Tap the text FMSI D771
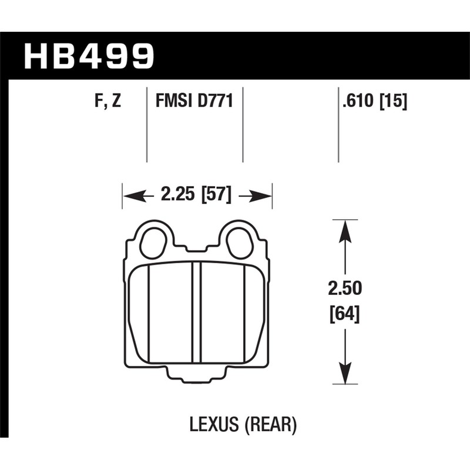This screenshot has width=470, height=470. [x=194, y=102]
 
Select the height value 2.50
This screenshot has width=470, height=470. [x=345, y=289]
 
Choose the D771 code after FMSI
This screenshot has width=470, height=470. [x=214, y=102]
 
